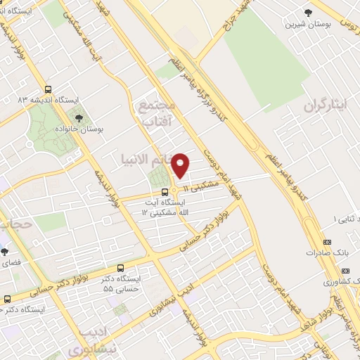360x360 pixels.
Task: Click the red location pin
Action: click(181, 165)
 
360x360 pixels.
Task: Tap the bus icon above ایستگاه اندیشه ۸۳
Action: click(48, 89)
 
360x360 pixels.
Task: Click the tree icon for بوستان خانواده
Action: click(79, 118)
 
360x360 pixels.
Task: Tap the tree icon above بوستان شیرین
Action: click(307, 13)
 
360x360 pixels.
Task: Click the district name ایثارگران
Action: click(326, 106)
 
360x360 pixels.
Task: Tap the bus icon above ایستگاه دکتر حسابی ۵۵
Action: click(120, 268)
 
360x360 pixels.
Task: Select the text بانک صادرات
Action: click(323, 252)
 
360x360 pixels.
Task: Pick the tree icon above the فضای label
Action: click(4, 251)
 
